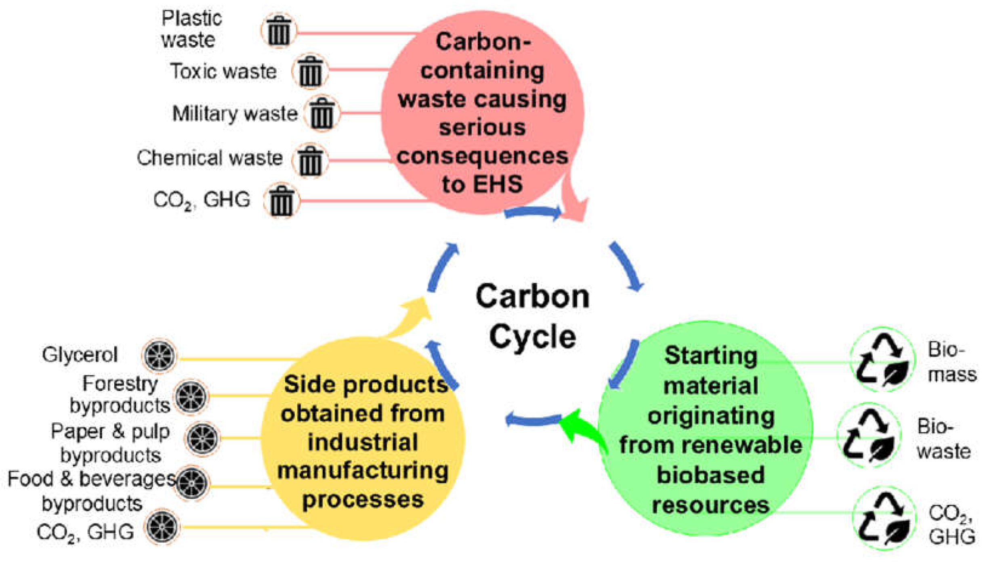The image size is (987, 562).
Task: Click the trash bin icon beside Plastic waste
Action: click(x=279, y=31)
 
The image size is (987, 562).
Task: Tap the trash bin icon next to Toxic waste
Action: click(x=310, y=71)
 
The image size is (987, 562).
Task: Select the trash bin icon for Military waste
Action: click(x=322, y=113)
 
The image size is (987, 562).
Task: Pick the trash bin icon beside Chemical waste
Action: click(x=310, y=160)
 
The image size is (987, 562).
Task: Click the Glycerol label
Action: click(x=80, y=355)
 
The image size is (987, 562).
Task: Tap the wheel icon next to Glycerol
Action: click(x=160, y=355)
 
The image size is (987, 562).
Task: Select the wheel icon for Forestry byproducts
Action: click(x=191, y=396)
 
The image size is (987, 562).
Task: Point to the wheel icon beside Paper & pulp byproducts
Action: click(x=202, y=438)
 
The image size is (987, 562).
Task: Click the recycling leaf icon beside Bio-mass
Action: click(x=882, y=359)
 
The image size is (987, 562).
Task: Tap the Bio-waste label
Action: click(x=943, y=439)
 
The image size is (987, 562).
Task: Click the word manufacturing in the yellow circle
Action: click(x=363, y=471)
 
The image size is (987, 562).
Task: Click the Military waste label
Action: click(x=235, y=113)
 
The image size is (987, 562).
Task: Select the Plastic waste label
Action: click(x=191, y=29)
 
